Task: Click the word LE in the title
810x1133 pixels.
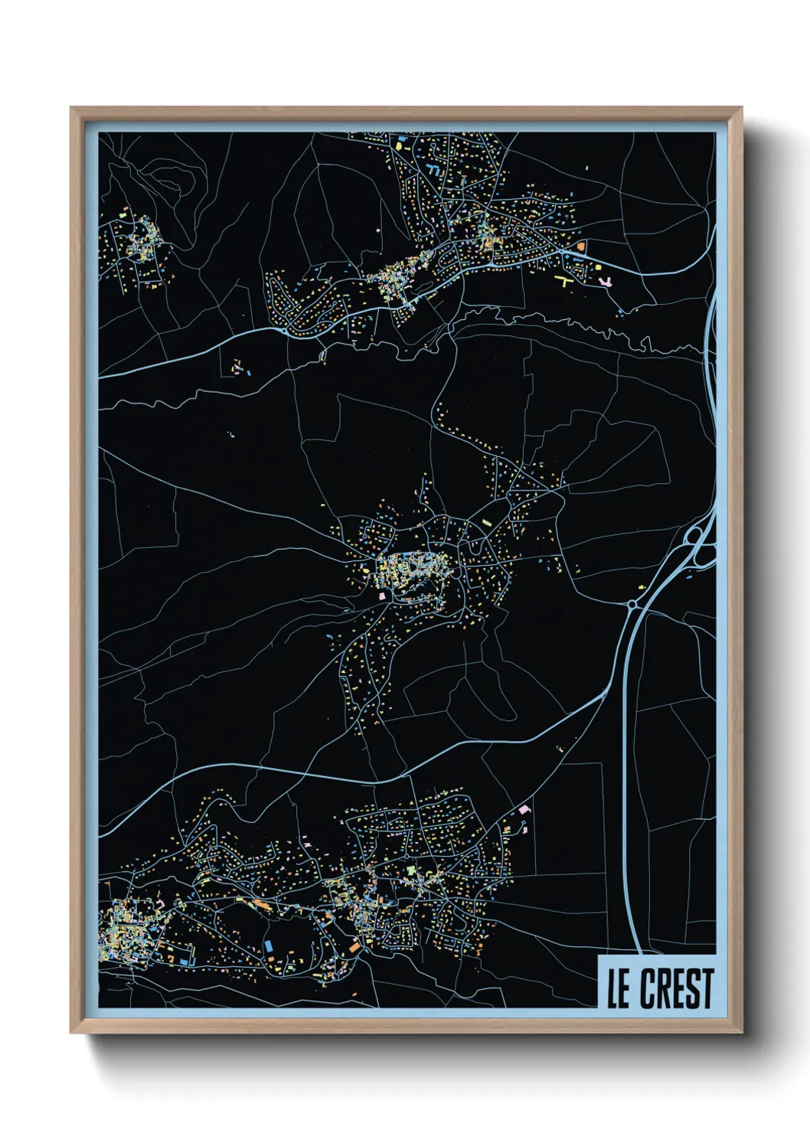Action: click(x=618, y=988)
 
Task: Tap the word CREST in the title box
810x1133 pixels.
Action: click(x=677, y=988)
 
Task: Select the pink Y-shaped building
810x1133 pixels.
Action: click(x=605, y=282)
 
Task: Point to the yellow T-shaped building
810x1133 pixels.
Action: click(x=566, y=281)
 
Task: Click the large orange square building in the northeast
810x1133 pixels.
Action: click(x=581, y=247)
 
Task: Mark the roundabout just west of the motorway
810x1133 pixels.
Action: click(x=632, y=605)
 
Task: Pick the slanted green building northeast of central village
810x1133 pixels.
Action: click(x=486, y=523)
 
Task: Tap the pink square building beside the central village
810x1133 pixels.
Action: click(x=381, y=596)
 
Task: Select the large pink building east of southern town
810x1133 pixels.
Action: click(x=524, y=808)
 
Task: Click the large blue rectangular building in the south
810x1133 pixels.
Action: click(x=269, y=946)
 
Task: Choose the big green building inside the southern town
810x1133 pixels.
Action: click(x=410, y=870)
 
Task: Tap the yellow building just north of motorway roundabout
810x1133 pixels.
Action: click(x=642, y=588)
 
